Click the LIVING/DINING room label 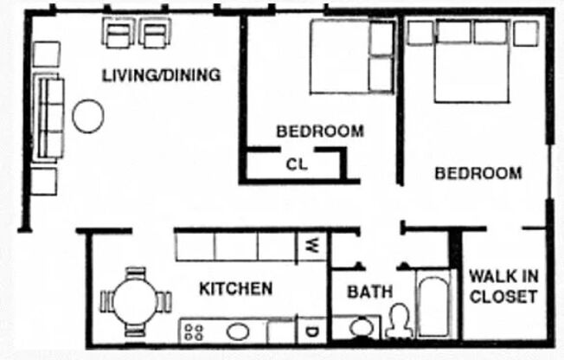point(161,74)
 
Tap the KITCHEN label point(236,288)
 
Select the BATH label point(369,292)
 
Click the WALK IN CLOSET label point(503,286)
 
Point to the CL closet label point(296,164)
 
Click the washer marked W point(311,246)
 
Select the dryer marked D point(311,331)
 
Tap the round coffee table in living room point(88,116)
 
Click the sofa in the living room point(48,118)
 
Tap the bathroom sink point(362,328)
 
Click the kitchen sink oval point(237,331)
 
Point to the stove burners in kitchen point(194,331)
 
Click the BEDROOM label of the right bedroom point(477,173)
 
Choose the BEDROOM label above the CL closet point(320,132)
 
